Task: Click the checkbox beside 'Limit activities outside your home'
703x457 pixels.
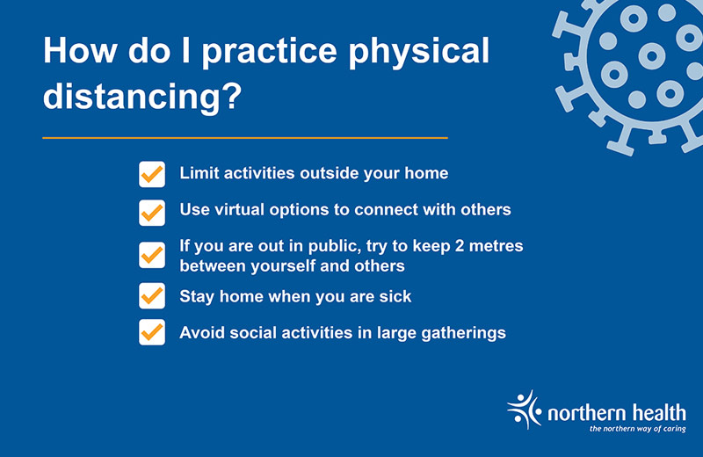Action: [x=152, y=174]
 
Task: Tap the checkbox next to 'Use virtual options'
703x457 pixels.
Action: [x=152, y=211]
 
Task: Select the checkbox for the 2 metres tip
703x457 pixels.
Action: [x=152, y=256]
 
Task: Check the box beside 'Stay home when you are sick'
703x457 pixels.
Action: [x=152, y=297]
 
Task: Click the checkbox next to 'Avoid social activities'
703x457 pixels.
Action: [x=152, y=333]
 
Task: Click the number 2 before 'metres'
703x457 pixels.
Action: [x=460, y=246]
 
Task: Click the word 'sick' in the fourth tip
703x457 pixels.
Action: [x=395, y=297]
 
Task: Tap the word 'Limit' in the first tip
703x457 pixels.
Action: [x=198, y=173]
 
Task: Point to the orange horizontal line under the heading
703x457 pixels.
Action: [x=245, y=138]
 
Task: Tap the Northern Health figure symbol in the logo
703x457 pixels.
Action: [x=525, y=410]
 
